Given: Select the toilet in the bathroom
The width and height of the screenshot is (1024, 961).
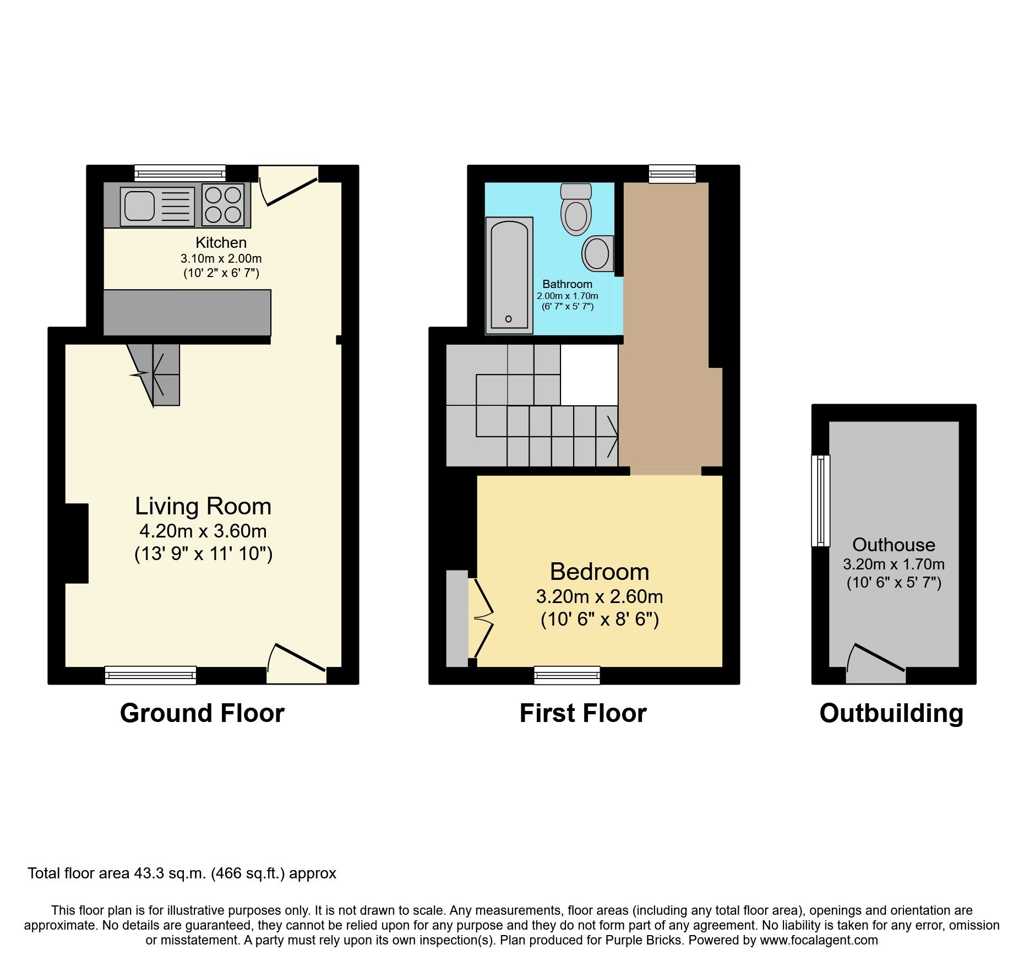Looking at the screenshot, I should [x=576, y=212].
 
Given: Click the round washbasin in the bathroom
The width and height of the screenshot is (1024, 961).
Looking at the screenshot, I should [x=597, y=254].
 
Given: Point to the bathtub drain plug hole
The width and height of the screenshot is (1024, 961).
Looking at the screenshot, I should [x=508, y=319].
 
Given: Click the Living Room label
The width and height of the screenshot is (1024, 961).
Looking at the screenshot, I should [x=203, y=506].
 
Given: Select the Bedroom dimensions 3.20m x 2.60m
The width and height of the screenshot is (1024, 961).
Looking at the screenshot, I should [x=599, y=596].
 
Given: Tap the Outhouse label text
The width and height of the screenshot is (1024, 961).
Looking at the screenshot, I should [x=894, y=545].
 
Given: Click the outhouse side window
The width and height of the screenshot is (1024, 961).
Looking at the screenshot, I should [x=821, y=501].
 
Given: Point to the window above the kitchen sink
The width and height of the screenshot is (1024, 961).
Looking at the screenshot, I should [x=181, y=173].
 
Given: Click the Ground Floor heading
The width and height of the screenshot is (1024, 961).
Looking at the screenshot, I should [x=202, y=713].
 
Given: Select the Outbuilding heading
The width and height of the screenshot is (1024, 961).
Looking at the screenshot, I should [x=891, y=713].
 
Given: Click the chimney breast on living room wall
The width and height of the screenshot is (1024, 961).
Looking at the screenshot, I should [x=77, y=543].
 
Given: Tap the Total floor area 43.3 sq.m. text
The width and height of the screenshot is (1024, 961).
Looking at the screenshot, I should [x=182, y=873].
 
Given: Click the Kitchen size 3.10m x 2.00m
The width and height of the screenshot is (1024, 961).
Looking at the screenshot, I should [x=221, y=258].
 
